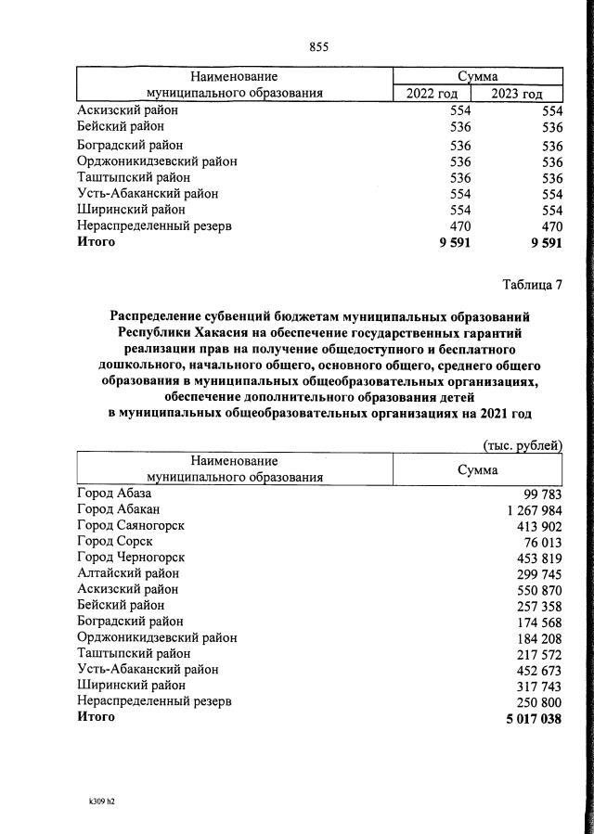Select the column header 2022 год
click(431, 93)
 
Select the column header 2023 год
click(517, 93)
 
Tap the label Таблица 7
click(533, 285)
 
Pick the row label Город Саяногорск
click(130, 525)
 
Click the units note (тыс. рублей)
click(523, 445)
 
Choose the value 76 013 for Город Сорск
click(543, 541)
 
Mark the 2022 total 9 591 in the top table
click(455, 242)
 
